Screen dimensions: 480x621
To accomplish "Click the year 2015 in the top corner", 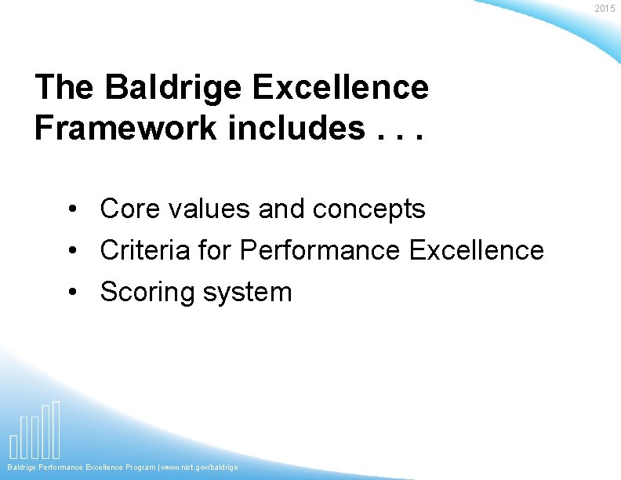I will (605, 9).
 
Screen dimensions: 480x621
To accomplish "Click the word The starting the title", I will (64, 87).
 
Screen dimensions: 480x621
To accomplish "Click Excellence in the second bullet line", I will (476, 250).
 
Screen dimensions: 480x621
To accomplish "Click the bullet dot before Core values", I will (71, 210).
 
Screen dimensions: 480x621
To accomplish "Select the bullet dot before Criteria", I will (71, 252).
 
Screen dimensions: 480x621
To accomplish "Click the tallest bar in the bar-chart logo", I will (56, 429).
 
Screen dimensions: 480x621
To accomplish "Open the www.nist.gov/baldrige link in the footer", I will (201, 467).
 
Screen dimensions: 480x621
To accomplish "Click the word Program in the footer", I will (140, 467).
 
